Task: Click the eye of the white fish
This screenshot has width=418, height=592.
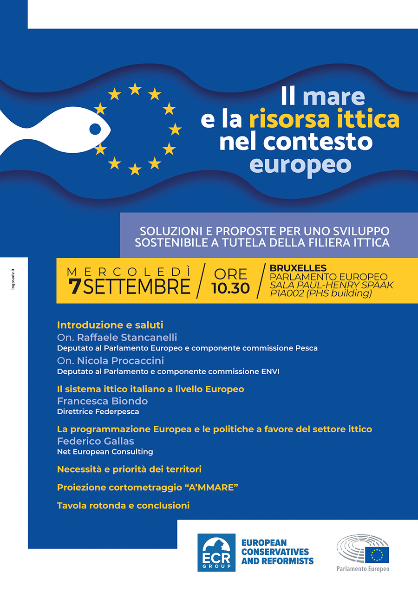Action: [x=95, y=129]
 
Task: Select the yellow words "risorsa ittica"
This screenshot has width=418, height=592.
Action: [x=324, y=119]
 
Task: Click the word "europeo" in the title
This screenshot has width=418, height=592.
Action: [x=300, y=164]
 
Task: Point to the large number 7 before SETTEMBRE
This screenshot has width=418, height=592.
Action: [x=74, y=286]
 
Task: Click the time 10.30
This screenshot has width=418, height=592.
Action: [x=230, y=288]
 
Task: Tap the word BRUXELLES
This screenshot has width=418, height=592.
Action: [x=298, y=268]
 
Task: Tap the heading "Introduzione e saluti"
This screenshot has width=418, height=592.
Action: [x=110, y=325]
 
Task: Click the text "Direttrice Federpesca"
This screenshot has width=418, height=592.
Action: [x=98, y=411]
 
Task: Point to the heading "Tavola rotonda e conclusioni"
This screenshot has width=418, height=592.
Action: [x=123, y=506]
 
